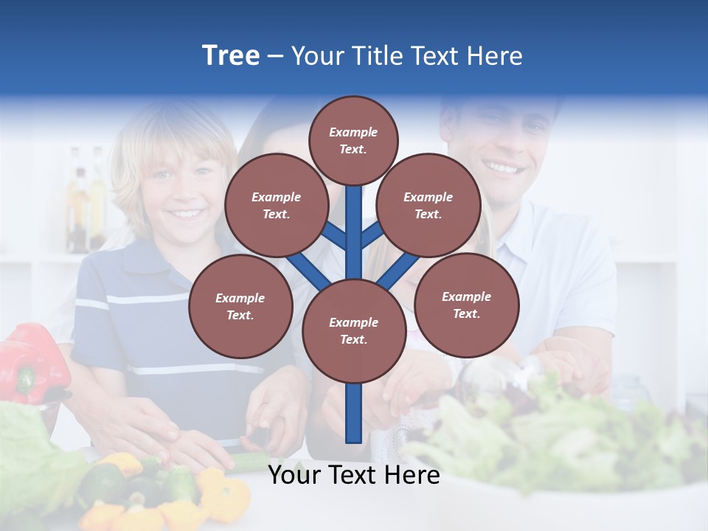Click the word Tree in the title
point(231,56)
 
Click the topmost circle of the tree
point(353,140)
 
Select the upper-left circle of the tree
point(277,205)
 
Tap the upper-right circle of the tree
point(428,205)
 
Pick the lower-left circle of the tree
point(240,306)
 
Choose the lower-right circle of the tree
point(467,305)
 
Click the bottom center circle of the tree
point(354,330)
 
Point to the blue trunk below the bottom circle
point(354,413)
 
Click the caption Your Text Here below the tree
point(354,475)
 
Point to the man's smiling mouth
point(504,168)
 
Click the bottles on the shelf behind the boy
point(86,199)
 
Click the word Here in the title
point(495,56)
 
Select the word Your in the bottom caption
point(294,475)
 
